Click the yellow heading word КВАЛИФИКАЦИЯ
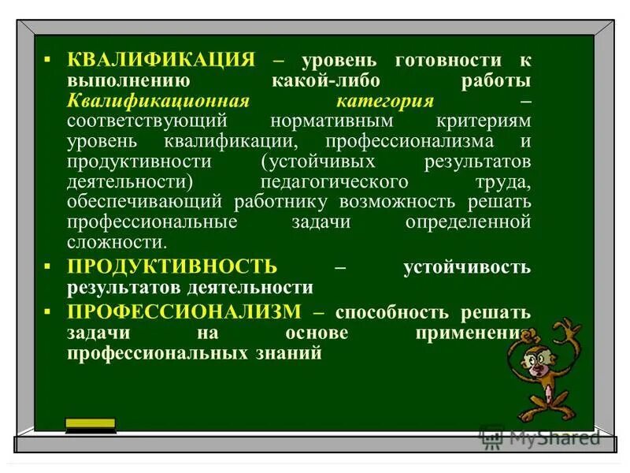pyautogui.click(x=161, y=61)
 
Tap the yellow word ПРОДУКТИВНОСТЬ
pyautogui.click(x=172, y=266)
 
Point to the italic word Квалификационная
pyautogui.click(x=157, y=102)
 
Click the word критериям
pyautogui.click(x=483, y=122)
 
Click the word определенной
pyautogui.click(x=468, y=222)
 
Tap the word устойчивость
pyautogui.click(x=467, y=266)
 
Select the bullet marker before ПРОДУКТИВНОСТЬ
pyautogui.click(x=48, y=266)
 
